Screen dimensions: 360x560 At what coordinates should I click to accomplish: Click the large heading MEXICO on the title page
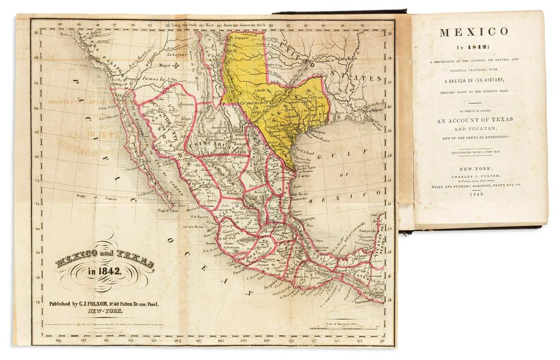pos(474,32)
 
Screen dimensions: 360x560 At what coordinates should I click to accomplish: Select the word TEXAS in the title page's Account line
pos(498,119)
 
